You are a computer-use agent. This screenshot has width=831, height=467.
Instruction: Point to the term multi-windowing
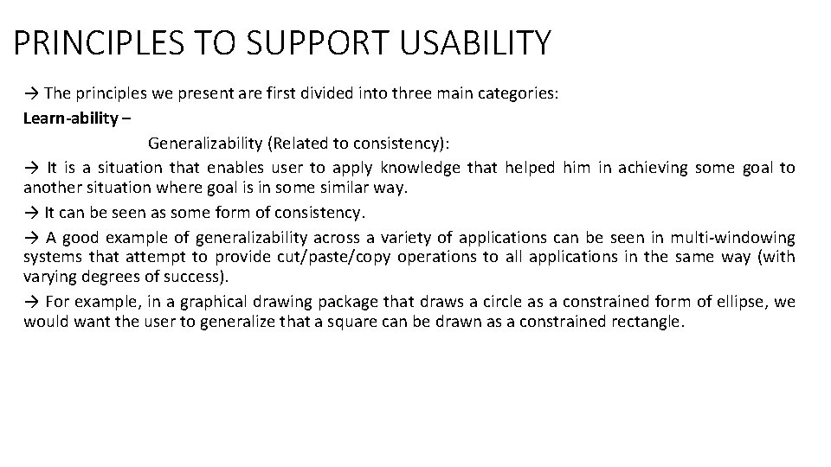click(x=733, y=236)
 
